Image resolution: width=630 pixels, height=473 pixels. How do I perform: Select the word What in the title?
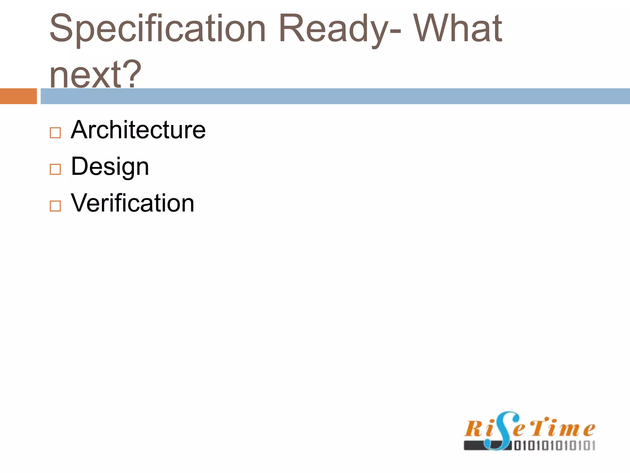[x=457, y=28]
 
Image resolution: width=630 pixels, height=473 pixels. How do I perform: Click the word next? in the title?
[x=95, y=74]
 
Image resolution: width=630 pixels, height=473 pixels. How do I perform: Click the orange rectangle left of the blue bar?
[x=18, y=96]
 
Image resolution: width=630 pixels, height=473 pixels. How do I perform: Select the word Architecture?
[x=138, y=130]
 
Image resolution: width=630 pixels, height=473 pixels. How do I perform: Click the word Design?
[x=110, y=167]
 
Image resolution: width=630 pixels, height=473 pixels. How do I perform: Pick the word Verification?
[x=132, y=203]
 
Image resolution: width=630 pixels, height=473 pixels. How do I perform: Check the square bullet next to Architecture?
[x=55, y=133]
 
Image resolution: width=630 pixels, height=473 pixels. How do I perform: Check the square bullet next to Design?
[x=55, y=169]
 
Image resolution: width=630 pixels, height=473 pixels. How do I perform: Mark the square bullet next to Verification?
[x=55, y=206]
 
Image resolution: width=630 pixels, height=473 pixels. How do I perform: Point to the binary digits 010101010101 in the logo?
[x=555, y=446]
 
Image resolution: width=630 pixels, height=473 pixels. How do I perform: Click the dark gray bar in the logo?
[x=475, y=446]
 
